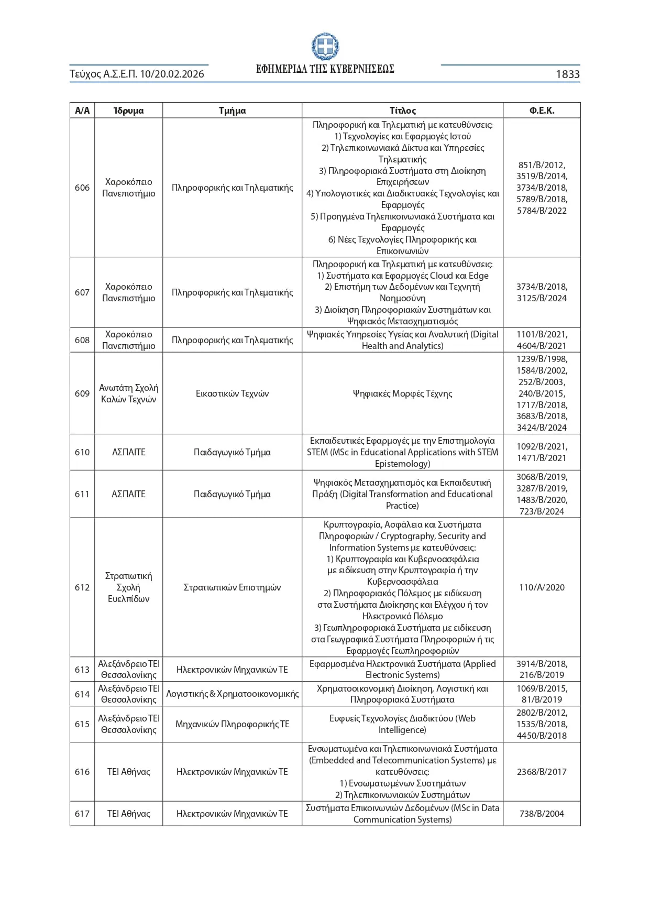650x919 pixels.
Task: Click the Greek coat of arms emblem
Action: click(325, 47)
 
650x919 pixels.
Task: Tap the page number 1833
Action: click(567, 74)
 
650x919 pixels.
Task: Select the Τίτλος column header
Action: click(402, 111)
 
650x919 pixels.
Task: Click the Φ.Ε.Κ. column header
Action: click(542, 111)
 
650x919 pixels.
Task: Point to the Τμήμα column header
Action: click(232, 111)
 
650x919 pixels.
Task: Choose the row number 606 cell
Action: click(82, 188)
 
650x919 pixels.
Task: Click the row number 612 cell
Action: click(82, 587)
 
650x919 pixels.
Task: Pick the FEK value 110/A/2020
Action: click(542, 587)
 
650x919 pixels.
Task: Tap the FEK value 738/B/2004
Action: click(542, 814)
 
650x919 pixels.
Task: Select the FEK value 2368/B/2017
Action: click(542, 772)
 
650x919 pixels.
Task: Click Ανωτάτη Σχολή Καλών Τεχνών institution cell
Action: click(128, 393)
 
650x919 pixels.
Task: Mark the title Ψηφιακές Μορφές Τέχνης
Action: click(402, 393)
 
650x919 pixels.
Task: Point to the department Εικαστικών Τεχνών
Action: click(232, 393)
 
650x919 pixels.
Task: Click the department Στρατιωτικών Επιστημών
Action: click(232, 587)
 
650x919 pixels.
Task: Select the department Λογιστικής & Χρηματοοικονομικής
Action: click(232, 694)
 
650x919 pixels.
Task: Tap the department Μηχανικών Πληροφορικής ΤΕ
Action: click(232, 724)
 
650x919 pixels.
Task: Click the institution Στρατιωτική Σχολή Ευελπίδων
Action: click(128, 587)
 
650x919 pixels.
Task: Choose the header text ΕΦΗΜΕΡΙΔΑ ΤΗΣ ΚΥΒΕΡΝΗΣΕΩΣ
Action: click(325, 69)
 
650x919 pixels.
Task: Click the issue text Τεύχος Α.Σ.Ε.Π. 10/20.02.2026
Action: click(137, 74)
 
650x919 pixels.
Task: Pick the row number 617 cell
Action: click(82, 814)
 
